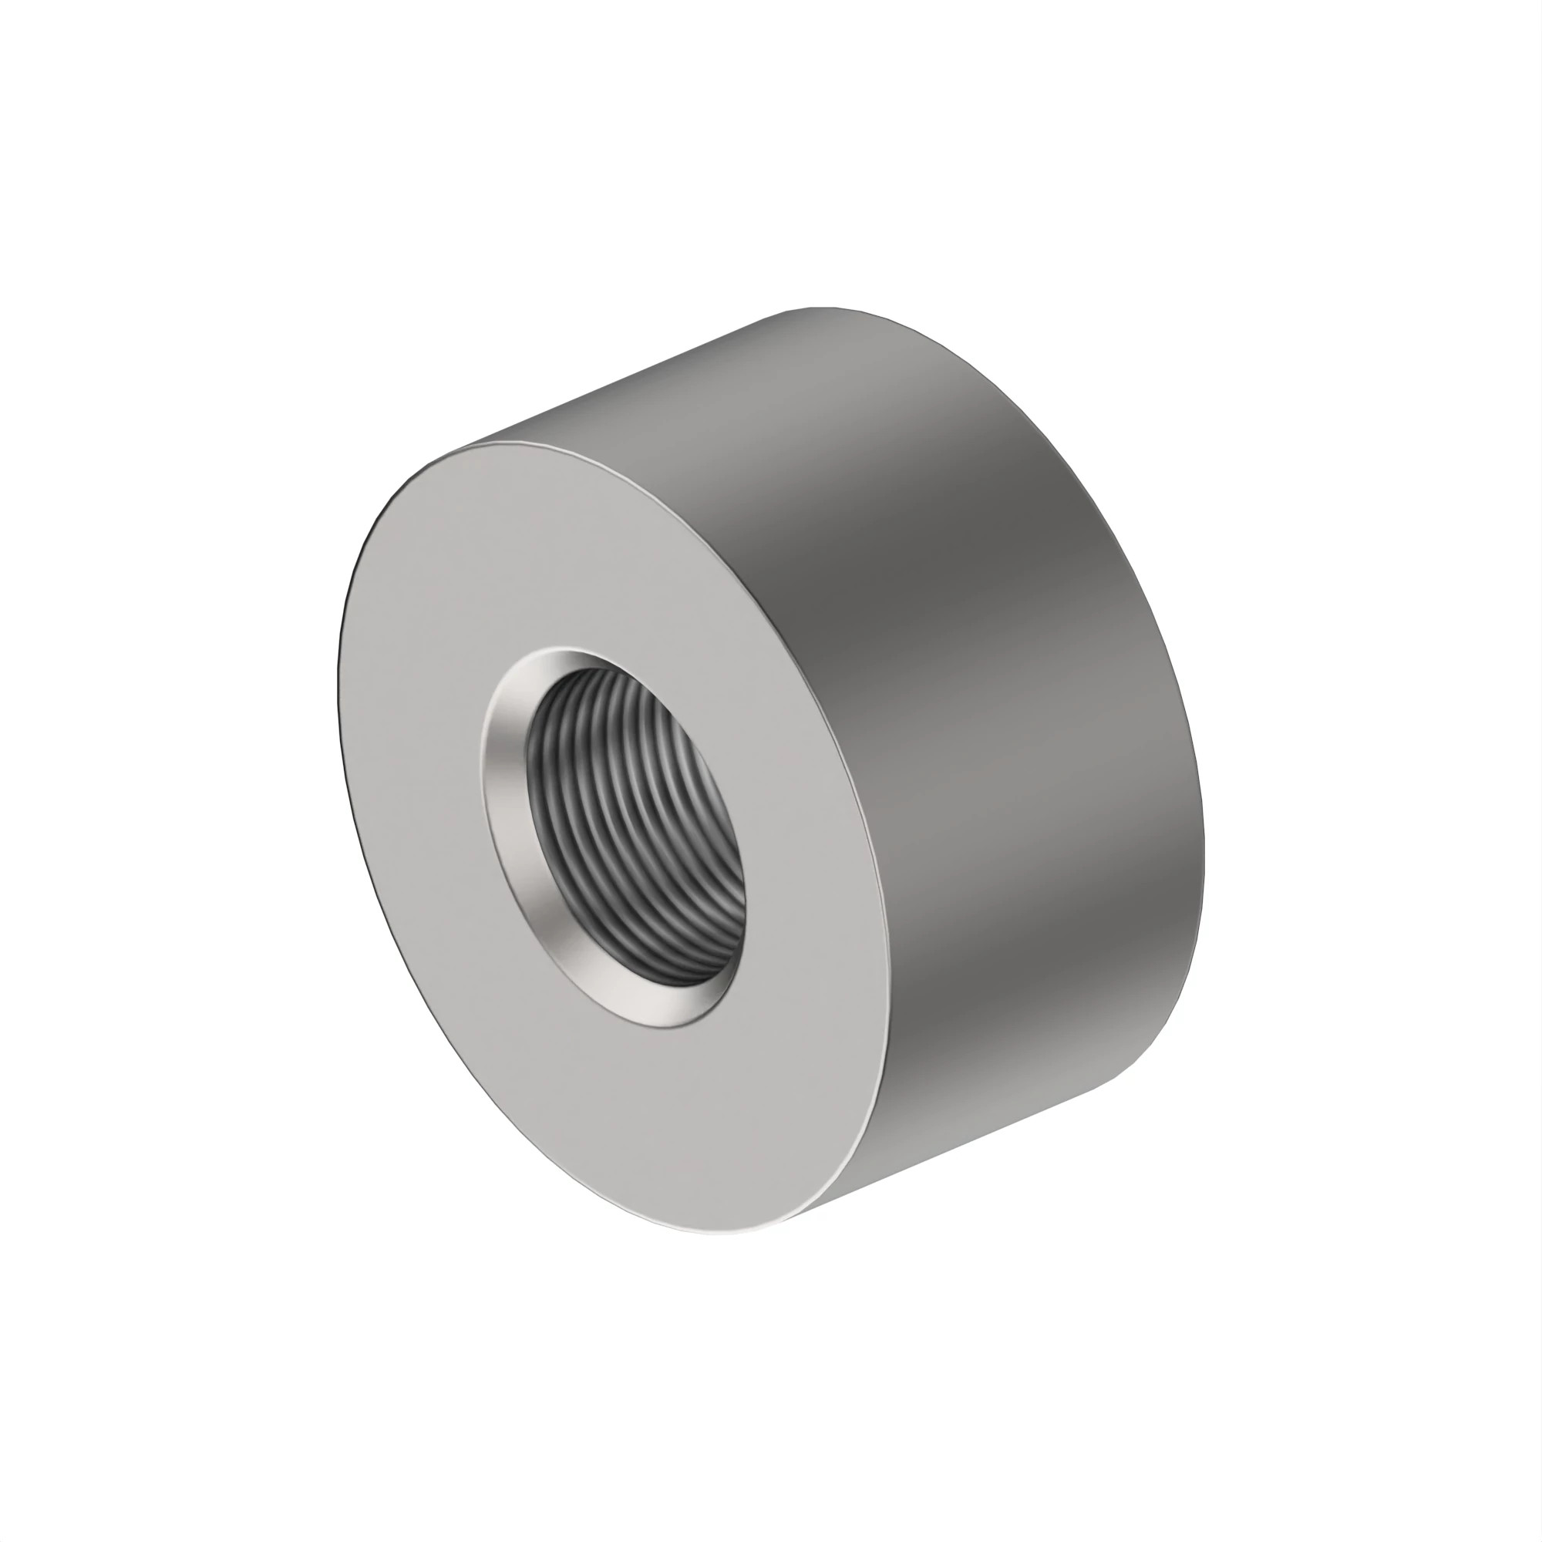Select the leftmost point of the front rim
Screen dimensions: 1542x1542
click(339, 702)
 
